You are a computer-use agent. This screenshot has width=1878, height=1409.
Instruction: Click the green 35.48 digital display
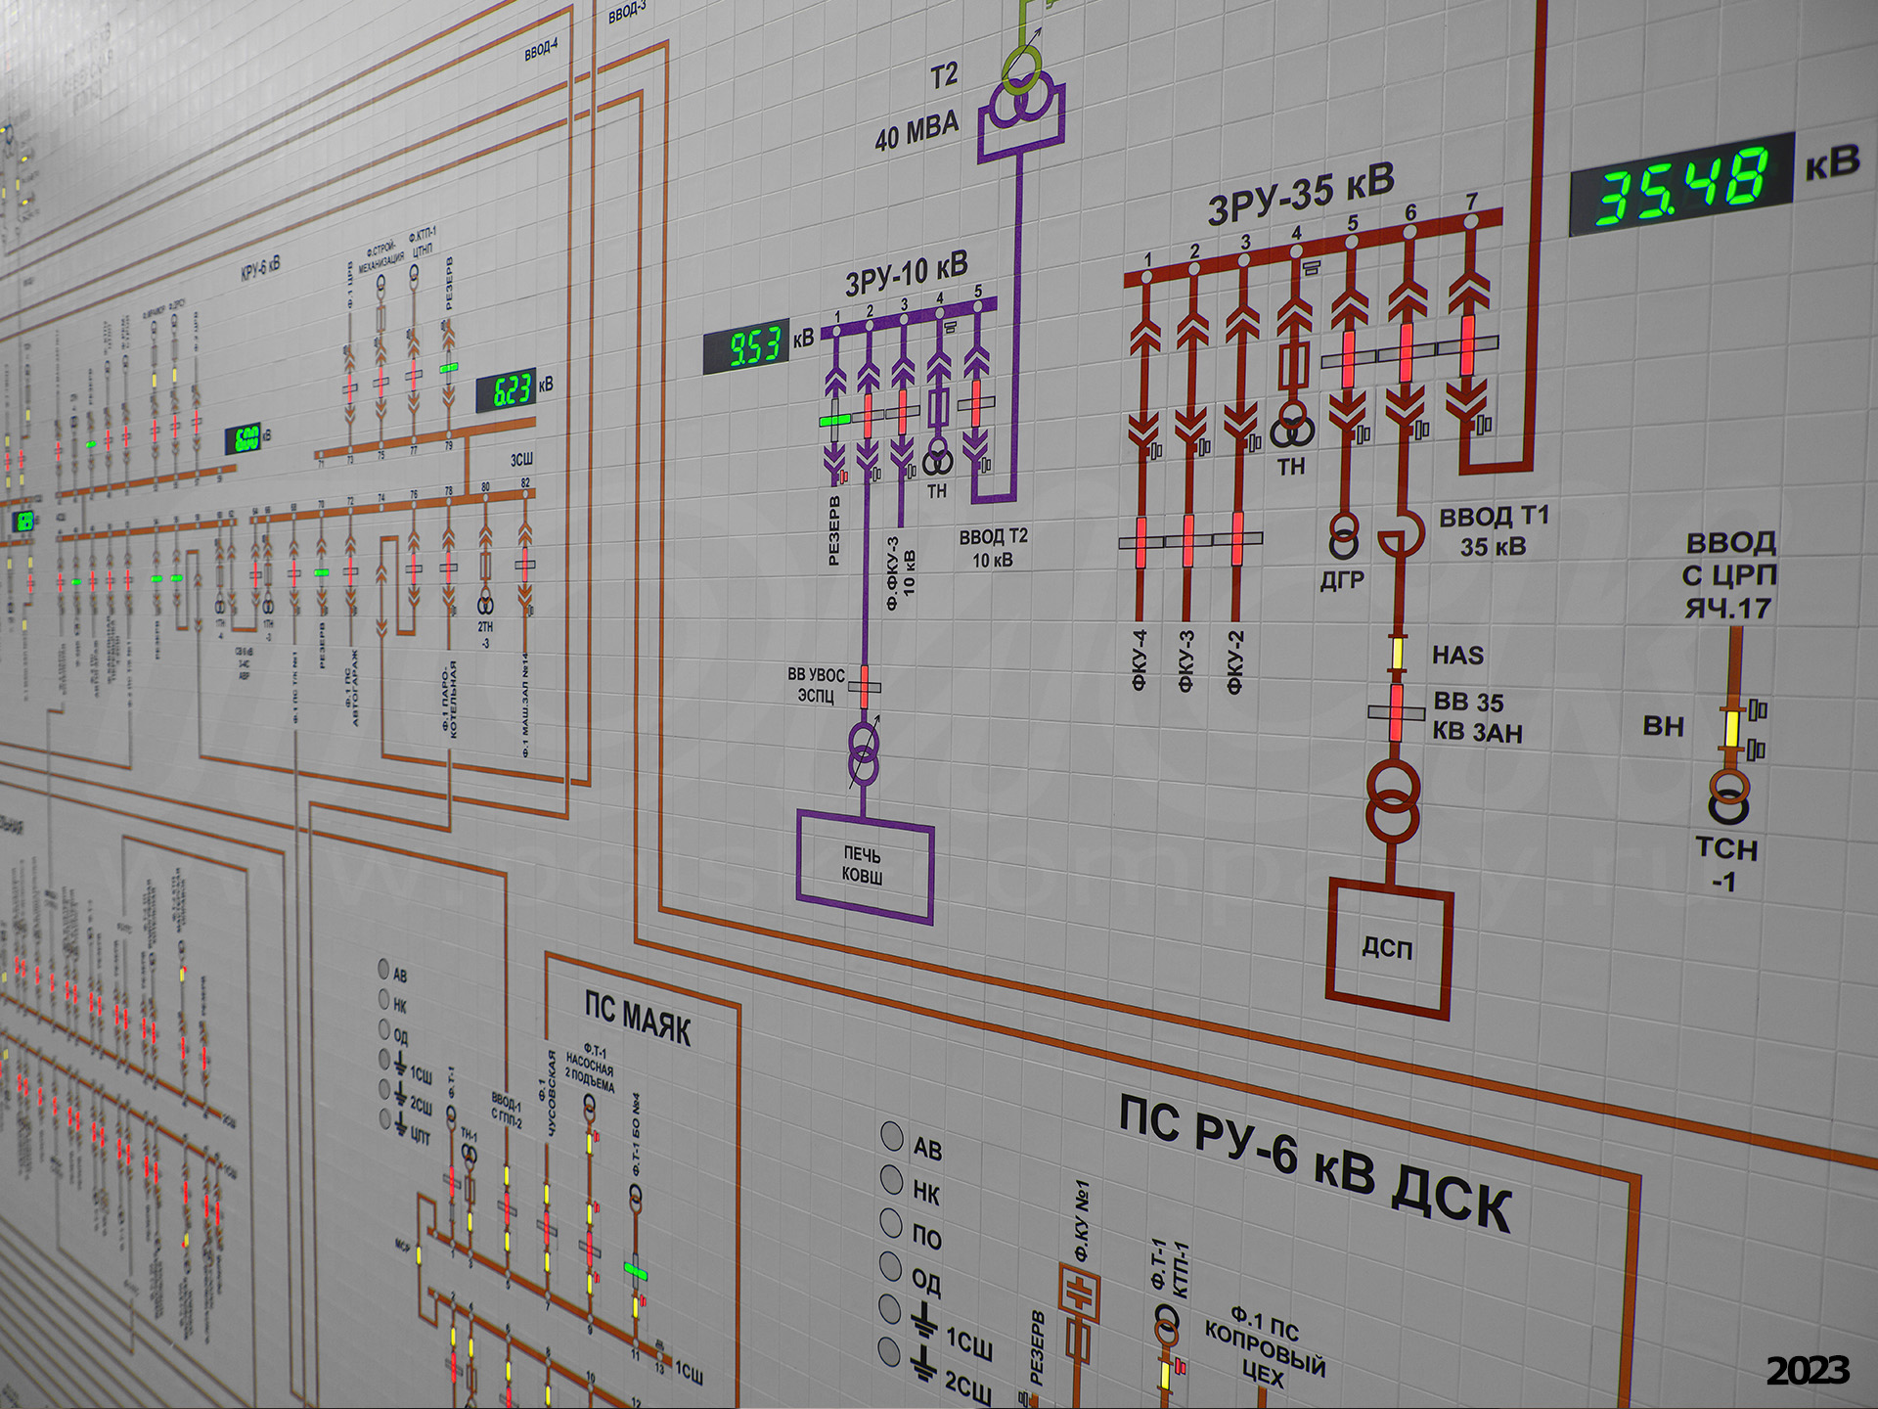(x=1681, y=184)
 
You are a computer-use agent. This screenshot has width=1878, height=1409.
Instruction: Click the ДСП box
(x=1388, y=947)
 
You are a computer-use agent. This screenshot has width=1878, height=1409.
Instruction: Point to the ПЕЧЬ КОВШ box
(x=863, y=865)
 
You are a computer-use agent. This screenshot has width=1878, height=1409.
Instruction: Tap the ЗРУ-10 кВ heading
(x=906, y=271)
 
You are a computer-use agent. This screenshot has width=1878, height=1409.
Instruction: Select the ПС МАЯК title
(x=638, y=1018)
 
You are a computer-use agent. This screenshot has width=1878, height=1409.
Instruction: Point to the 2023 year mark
(x=1808, y=1371)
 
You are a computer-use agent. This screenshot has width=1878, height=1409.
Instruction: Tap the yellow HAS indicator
(x=1398, y=653)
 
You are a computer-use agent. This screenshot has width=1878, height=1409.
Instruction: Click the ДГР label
(x=1341, y=580)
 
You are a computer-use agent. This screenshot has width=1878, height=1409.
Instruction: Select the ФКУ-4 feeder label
(x=1139, y=660)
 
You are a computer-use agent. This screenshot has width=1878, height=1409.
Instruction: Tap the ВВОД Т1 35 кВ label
(x=1493, y=530)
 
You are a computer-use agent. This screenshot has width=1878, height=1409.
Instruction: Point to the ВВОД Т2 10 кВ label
(x=993, y=548)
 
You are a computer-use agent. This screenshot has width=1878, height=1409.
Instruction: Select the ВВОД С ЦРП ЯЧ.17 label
(x=1729, y=575)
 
